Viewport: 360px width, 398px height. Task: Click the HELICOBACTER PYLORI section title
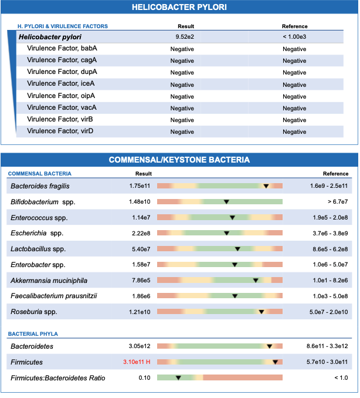tap(179, 7)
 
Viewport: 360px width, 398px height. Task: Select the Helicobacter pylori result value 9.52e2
tap(185, 37)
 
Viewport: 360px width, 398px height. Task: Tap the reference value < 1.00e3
tap(294, 37)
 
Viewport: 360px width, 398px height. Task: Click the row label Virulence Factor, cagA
tap(62, 60)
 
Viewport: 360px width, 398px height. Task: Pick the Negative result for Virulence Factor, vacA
tap(182, 109)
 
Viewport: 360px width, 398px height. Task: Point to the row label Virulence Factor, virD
tap(60, 131)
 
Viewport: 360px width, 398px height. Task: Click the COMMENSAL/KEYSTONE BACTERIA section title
tap(179, 160)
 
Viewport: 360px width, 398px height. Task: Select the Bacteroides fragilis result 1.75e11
tap(140, 186)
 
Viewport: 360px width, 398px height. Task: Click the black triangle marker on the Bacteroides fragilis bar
tap(266, 186)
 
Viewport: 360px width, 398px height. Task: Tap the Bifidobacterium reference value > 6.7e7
tap(338, 202)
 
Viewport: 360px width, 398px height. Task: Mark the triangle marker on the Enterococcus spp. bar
tap(232, 218)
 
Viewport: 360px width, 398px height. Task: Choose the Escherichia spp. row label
tap(37, 233)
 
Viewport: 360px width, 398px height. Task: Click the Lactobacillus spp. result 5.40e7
tap(141, 249)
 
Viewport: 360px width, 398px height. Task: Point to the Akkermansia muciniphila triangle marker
tap(256, 281)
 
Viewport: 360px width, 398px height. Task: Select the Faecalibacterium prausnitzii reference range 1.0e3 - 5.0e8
tap(330, 296)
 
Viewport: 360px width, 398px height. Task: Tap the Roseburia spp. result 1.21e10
tap(140, 312)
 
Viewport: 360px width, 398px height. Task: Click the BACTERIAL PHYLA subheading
tap(33, 334)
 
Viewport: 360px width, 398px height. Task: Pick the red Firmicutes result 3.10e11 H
tap(137, 362)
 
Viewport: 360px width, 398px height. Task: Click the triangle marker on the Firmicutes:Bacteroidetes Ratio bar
tap(178, 378)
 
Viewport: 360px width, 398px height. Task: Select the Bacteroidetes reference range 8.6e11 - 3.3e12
tap(327, 346)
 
